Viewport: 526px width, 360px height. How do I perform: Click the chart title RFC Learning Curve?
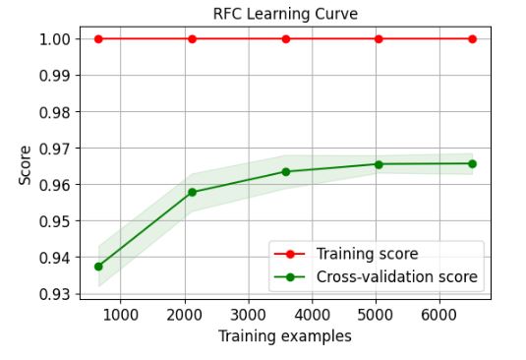[x=285, y=14]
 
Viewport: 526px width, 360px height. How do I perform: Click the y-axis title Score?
[x=27, y=164]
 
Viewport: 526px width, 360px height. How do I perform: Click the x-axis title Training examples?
[x=285, y=336]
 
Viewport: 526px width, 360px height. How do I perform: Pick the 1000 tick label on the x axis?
[x=120, y=315]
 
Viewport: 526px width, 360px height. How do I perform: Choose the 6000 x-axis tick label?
[x=439, y=315]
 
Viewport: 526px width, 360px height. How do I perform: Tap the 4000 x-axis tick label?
[x=312, y=315]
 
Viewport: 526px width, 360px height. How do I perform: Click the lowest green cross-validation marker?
[x=98, y=267]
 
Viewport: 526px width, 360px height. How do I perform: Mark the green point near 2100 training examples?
[x=192, y=192]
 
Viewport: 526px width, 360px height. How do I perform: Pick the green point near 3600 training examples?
[x=285, y=171]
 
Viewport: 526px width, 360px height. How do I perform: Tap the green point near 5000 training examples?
[x=379, y=164]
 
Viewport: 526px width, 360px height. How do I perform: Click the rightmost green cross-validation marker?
[x=472, y=163]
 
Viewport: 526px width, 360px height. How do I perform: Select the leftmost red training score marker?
[x=98, y=38]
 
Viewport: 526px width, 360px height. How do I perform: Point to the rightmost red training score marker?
[x=472, y=38]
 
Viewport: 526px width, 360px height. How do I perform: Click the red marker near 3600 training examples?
[x=285, y=38]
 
